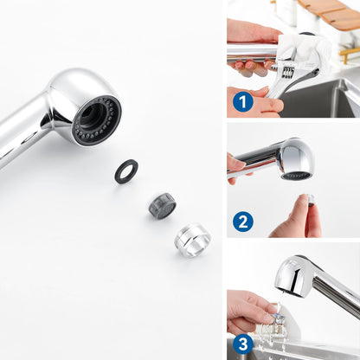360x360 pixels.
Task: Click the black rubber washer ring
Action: tap(126, 171)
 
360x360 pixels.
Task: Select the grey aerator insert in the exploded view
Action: tap(162, 205)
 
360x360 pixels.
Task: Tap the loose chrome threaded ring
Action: tap(192, 239)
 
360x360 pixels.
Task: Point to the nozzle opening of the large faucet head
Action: tap(96, 120)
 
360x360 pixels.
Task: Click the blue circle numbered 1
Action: tap(243, 102)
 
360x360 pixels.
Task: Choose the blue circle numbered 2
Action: tap(243, 222)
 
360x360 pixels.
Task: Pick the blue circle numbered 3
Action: tap(243, 344)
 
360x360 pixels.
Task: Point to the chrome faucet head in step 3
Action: tap(292, 277)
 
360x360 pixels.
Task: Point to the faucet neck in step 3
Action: tap(337, 295)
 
